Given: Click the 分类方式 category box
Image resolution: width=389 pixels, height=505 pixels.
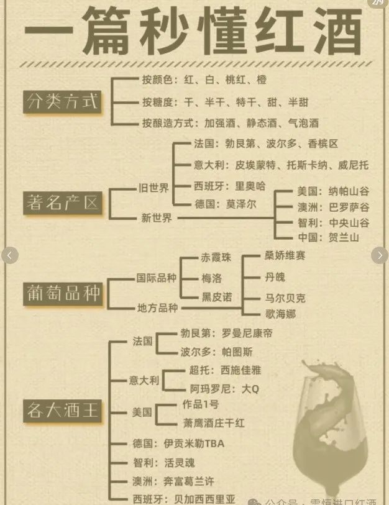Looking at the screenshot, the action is click(x=62, y=101).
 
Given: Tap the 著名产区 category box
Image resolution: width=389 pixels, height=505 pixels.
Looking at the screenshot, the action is click(x=62, y=202).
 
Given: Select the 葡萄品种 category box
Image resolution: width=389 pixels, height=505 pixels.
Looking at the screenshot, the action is click(x=62, y=293).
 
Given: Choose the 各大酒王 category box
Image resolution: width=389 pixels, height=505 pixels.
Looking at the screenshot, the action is click(x=62, y=410).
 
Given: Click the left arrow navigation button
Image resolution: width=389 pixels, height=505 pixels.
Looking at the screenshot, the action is click(x=10, y=255).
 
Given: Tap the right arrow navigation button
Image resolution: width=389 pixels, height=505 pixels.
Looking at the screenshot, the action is click(x=379, y=255).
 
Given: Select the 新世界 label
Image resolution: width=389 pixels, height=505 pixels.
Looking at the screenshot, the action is click(x=157, y=217).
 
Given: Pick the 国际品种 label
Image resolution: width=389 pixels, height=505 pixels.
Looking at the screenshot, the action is click(x=157, y=278).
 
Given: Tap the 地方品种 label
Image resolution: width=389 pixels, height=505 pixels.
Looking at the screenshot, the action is click(x=157, y=307).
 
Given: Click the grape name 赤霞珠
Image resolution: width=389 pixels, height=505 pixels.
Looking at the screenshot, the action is click(x=216, y=257).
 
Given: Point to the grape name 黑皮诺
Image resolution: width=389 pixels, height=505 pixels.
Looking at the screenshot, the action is click(x=217, y=297).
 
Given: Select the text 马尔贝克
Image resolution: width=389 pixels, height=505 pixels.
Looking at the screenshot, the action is click(x=285, y=298).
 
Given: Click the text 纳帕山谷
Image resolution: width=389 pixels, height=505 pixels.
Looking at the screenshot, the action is click(x=349, y=191).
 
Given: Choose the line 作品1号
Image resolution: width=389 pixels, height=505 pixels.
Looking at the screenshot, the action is click(x=200, y=404).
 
